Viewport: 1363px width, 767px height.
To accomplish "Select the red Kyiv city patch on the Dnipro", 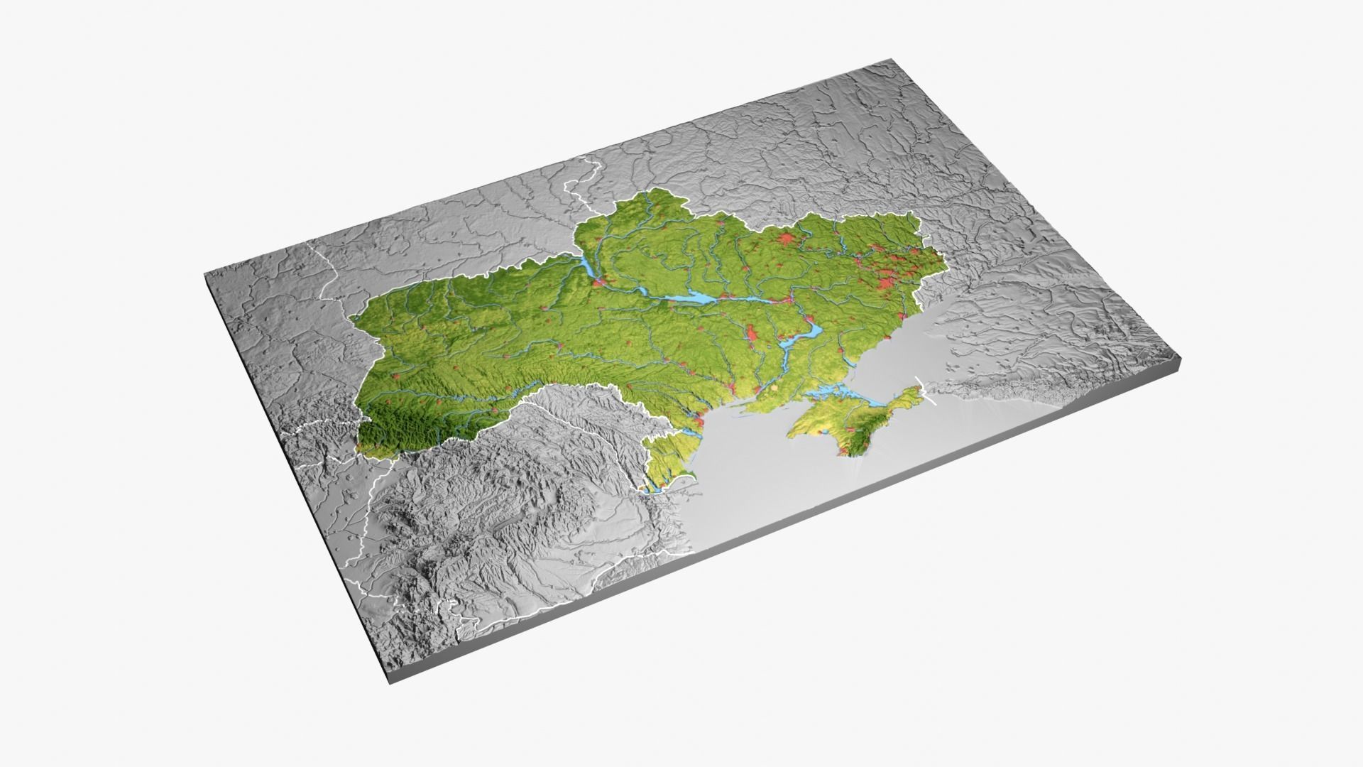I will [x=601, y=283].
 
